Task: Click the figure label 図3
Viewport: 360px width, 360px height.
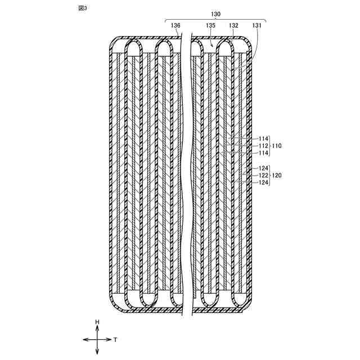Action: (x=83, y=8)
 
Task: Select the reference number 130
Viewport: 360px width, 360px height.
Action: (x=215, y=14)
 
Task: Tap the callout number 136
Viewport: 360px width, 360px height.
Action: (x=175, y=25)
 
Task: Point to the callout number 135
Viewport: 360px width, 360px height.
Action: (x=210, y=25)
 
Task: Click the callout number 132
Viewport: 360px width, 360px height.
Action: (x=233, y=25)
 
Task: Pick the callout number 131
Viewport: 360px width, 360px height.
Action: (x=256, y=25)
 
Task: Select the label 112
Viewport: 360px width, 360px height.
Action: (x=263, y=146)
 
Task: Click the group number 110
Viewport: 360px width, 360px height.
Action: (x=277, y=146)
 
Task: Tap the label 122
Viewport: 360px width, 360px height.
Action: (x=263, y=175)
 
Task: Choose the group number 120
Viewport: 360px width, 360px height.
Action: (x=277, y=175)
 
